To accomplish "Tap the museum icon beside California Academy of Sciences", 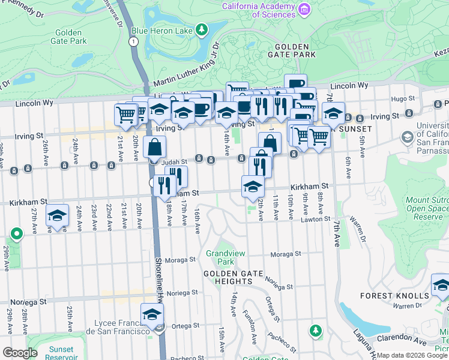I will click(x=304, y=9).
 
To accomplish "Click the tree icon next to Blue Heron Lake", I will click(x=202, y=29).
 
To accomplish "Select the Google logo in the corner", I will click(x=20, y=353).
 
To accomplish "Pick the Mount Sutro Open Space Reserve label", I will click(x=427, y=208).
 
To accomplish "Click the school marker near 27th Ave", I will click(x=58, y=216).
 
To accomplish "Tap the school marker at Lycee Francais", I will click(x=152, y=314).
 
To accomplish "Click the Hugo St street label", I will click(x=402, y=98).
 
